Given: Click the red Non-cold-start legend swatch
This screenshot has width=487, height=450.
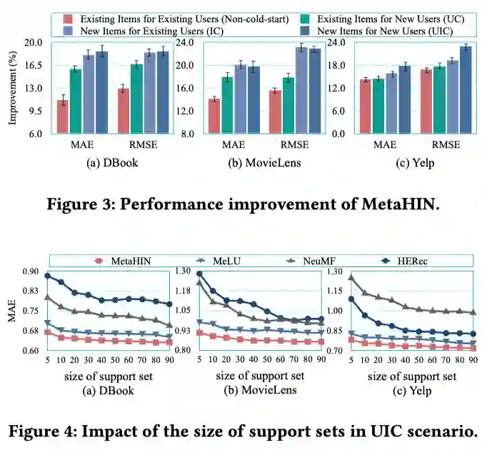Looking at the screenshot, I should pyautogui.click(x=69, y=18).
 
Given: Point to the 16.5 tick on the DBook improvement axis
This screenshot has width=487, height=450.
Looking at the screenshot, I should pyautogui.click(x=33, y=65).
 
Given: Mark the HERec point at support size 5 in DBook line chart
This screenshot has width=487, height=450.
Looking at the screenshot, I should pyautogui.click(x=48, y=276).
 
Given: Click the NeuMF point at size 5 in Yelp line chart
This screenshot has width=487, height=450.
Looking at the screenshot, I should pyautogui.click(x=351, y=277).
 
